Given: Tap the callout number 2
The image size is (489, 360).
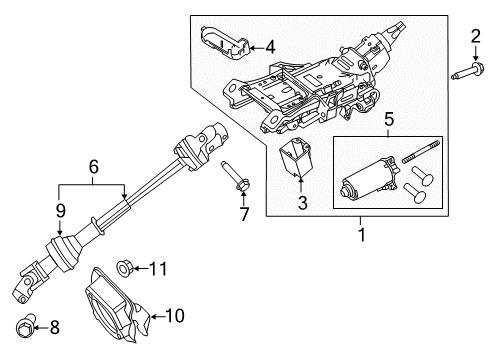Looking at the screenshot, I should [x=475, y=38].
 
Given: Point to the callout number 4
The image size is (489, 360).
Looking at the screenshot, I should [x=269, y=45].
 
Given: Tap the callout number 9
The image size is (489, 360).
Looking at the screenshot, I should [x=59, y=211].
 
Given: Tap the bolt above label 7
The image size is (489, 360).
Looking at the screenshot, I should [x=236, y=177].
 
